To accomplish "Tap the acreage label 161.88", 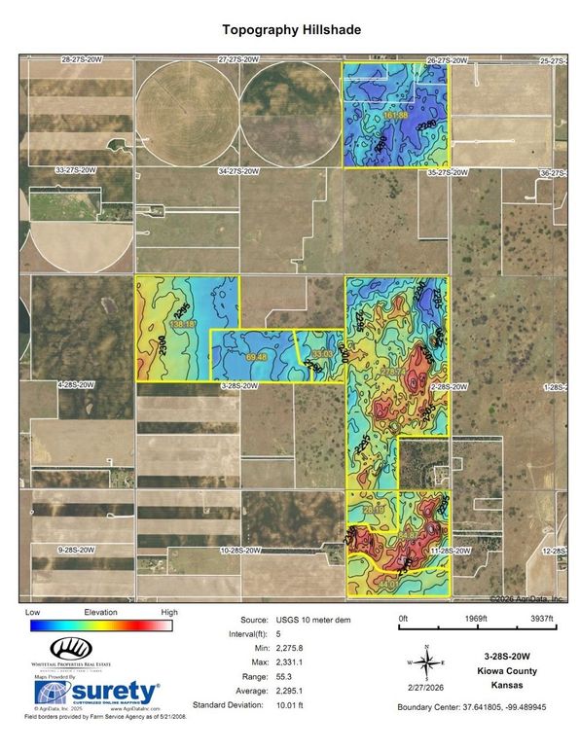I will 396,116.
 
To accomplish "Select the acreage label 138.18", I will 183,323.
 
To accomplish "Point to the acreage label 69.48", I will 257,358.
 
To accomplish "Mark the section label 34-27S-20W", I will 238,171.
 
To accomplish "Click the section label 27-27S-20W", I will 238,60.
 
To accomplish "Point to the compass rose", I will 426,661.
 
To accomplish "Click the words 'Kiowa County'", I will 506,671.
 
